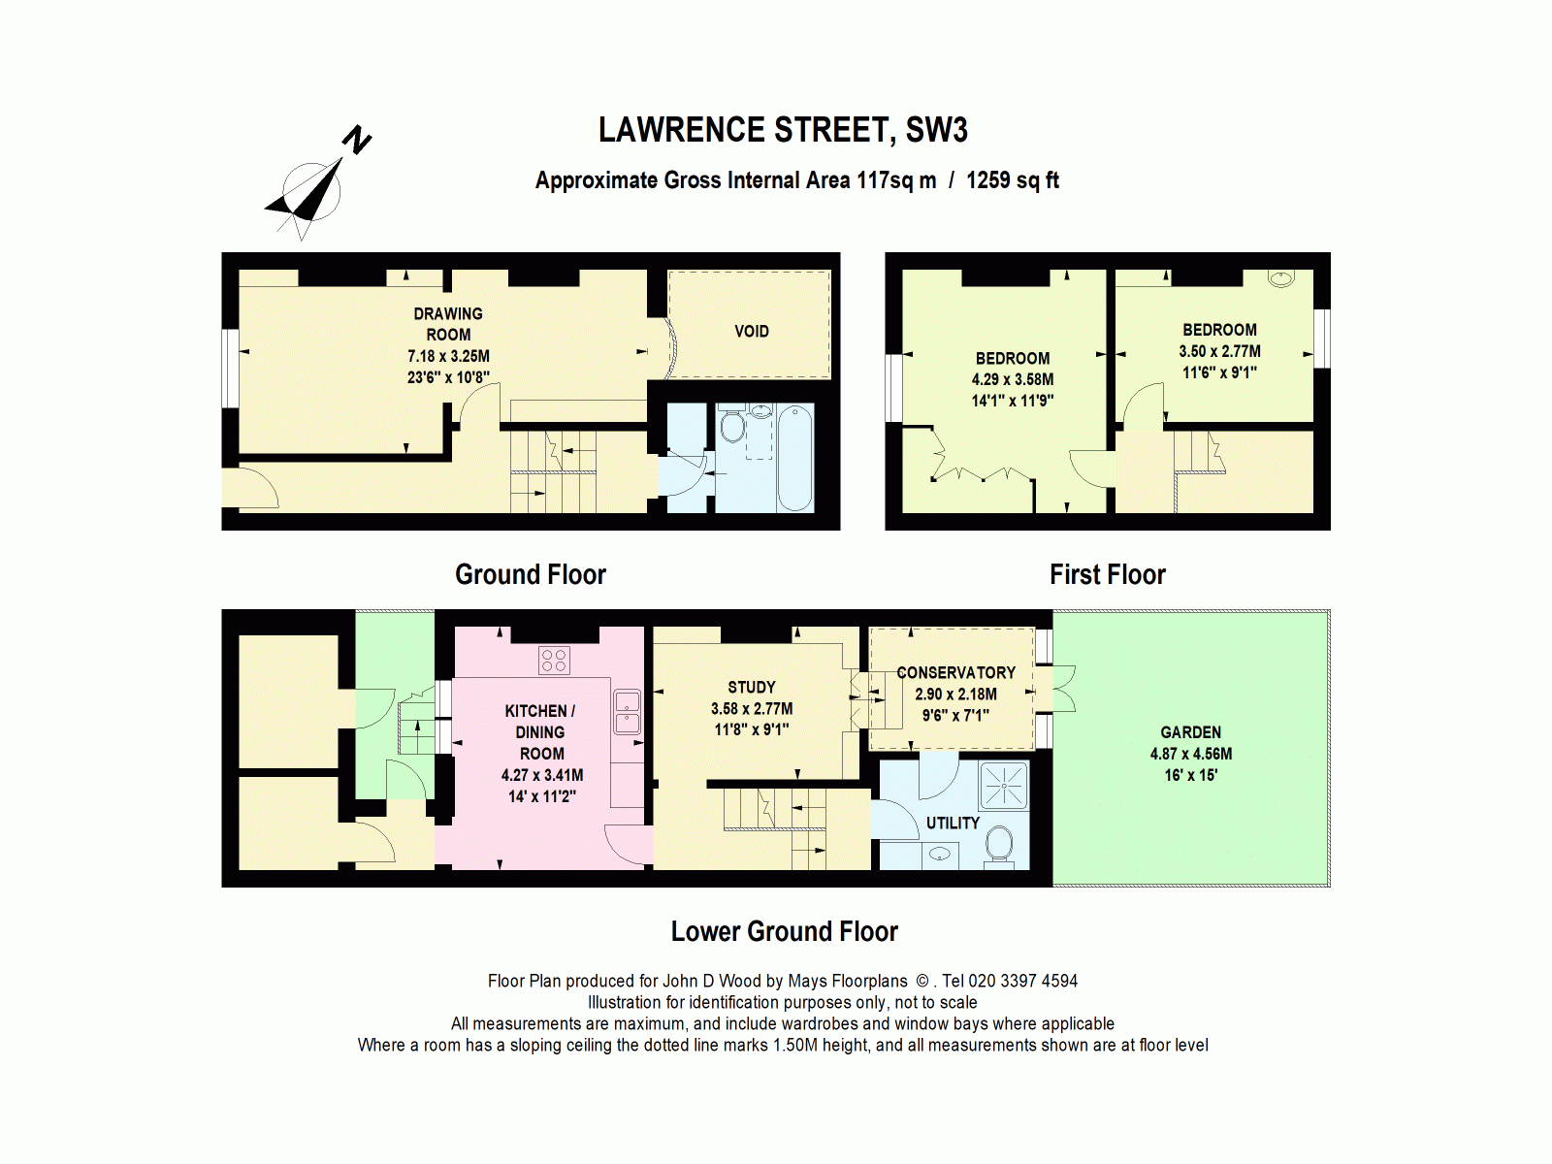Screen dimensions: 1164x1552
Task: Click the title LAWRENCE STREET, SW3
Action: pyautogui.click(x=782, y=130)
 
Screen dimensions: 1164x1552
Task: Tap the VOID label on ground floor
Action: pyautogui.click(x=751, y=332)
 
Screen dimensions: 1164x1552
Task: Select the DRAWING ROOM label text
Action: pyautogui.click(x=448, y=324)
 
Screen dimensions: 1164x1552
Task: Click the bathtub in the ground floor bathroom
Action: pyautogui.click(x=794, y=458)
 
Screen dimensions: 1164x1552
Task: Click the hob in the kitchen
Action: pyautogui.click(x=554, y=661)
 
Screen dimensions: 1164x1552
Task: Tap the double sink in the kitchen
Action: pyautogui.click(x=627, y=712)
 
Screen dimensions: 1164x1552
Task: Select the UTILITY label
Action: pyautogui.click(x=953, y=823)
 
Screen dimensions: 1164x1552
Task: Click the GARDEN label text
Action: pyautogui.click(x=1190, y=732)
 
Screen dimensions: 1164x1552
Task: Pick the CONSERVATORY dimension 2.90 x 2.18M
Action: pyautogui.click(x=955, y=695)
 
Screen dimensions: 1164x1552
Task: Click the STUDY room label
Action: pyautogui.click(x=751, y=687)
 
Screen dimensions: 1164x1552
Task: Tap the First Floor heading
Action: pyautogui.click(x=1107, y=574)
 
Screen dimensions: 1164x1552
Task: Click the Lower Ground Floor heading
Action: pyautogui.click(x=784, y=931)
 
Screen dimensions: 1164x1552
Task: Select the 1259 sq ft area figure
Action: pyautogui.click(x=1012, y=180)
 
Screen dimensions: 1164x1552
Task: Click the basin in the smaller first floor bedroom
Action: pyautogui.click(x=1281, y=279)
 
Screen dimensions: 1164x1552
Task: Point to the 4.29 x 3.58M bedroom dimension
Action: pyautogui.click(x=1012, y=379)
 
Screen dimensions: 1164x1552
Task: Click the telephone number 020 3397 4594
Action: pyautogui.click(x=1022, y=981)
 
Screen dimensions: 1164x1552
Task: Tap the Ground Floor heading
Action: pyautogui.click(x=530, y=574)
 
